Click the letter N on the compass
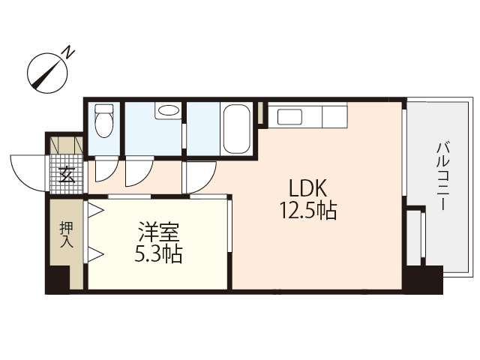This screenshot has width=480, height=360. click(x=68, y=52)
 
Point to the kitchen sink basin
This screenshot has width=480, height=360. click(x=288, y=117)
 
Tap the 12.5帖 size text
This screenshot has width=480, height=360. click(x=307, y=211)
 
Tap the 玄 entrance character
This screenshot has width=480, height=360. click(x=66, y=177)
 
